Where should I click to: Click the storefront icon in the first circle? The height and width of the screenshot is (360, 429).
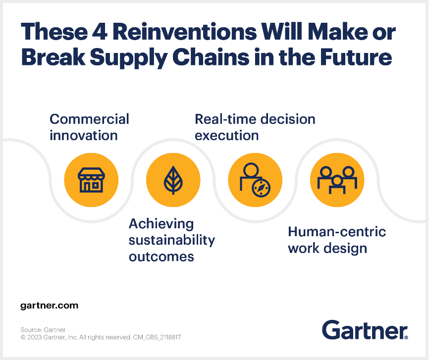tap(91, 180)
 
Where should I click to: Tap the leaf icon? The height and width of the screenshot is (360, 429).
tap(173, 180)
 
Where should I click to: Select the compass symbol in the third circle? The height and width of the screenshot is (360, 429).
tap(261, 188)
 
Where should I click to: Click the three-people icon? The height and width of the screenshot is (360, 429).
tap(337, 180)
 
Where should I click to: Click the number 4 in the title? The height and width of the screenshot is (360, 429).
tap(100, 32)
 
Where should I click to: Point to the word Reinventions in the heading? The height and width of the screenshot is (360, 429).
tap(185, 32)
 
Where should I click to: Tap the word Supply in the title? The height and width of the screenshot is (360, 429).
tap(129, 58)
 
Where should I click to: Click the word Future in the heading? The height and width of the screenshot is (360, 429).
tap(356, 57)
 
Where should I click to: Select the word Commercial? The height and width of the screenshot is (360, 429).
tap(89, 119)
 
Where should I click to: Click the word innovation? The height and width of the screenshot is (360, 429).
tap(83, 135)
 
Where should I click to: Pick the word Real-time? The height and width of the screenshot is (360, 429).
tap(225, 119)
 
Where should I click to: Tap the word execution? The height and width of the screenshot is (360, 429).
tap(226, 136)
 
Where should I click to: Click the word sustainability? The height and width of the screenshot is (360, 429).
tap(172, 241)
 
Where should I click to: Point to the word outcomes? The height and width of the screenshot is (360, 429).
tap(161, 257)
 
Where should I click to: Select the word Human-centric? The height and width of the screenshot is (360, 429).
tap(337, 232)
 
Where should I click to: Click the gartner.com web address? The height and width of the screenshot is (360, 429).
tap(49, 306)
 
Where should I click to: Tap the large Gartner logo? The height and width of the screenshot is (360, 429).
tap(365, 330)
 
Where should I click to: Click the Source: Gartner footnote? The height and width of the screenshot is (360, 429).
tap(43, 330)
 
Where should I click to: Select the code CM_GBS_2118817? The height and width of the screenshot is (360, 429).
tap(157, 337)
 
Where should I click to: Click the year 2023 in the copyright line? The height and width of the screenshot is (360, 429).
tap(35, 337)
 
